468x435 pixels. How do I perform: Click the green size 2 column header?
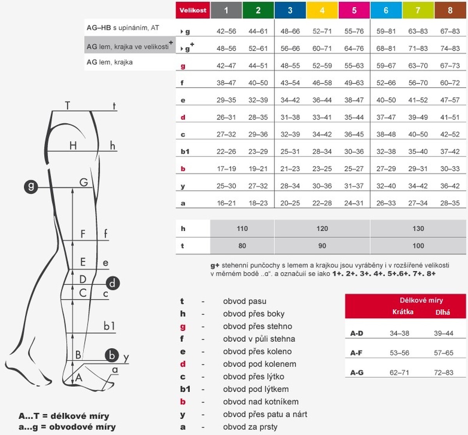(x=258, y=11)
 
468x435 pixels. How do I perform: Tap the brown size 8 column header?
(x=450, y=11)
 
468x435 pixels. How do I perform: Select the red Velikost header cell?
(x=193, y=11)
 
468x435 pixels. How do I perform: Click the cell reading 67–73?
(x=450, y=66)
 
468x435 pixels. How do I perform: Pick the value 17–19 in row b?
(x=226, y=169)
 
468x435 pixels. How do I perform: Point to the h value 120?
(x=322, y=229)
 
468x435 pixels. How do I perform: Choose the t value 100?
(x=418, y=246)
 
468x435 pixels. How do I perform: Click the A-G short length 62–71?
(x=399, y=373)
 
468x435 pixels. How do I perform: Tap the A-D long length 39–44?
(x=443, y=333)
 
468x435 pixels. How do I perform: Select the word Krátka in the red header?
(x=403, y=312)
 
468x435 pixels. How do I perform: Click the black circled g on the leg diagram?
(x=31, y=186)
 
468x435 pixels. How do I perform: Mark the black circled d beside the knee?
(x=112, y=283)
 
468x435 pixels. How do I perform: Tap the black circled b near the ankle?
(x=112, y=355)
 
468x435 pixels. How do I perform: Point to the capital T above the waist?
(x=67, y=106)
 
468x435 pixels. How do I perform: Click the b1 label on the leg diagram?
(x=109, y=326)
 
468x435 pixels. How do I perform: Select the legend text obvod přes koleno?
(x=257, y=352)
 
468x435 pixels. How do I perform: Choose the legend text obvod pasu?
(x=245, y=301)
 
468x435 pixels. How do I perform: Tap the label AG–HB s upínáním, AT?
(x=123, y=28)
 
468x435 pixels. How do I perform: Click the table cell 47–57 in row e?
(x=450, y=100)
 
